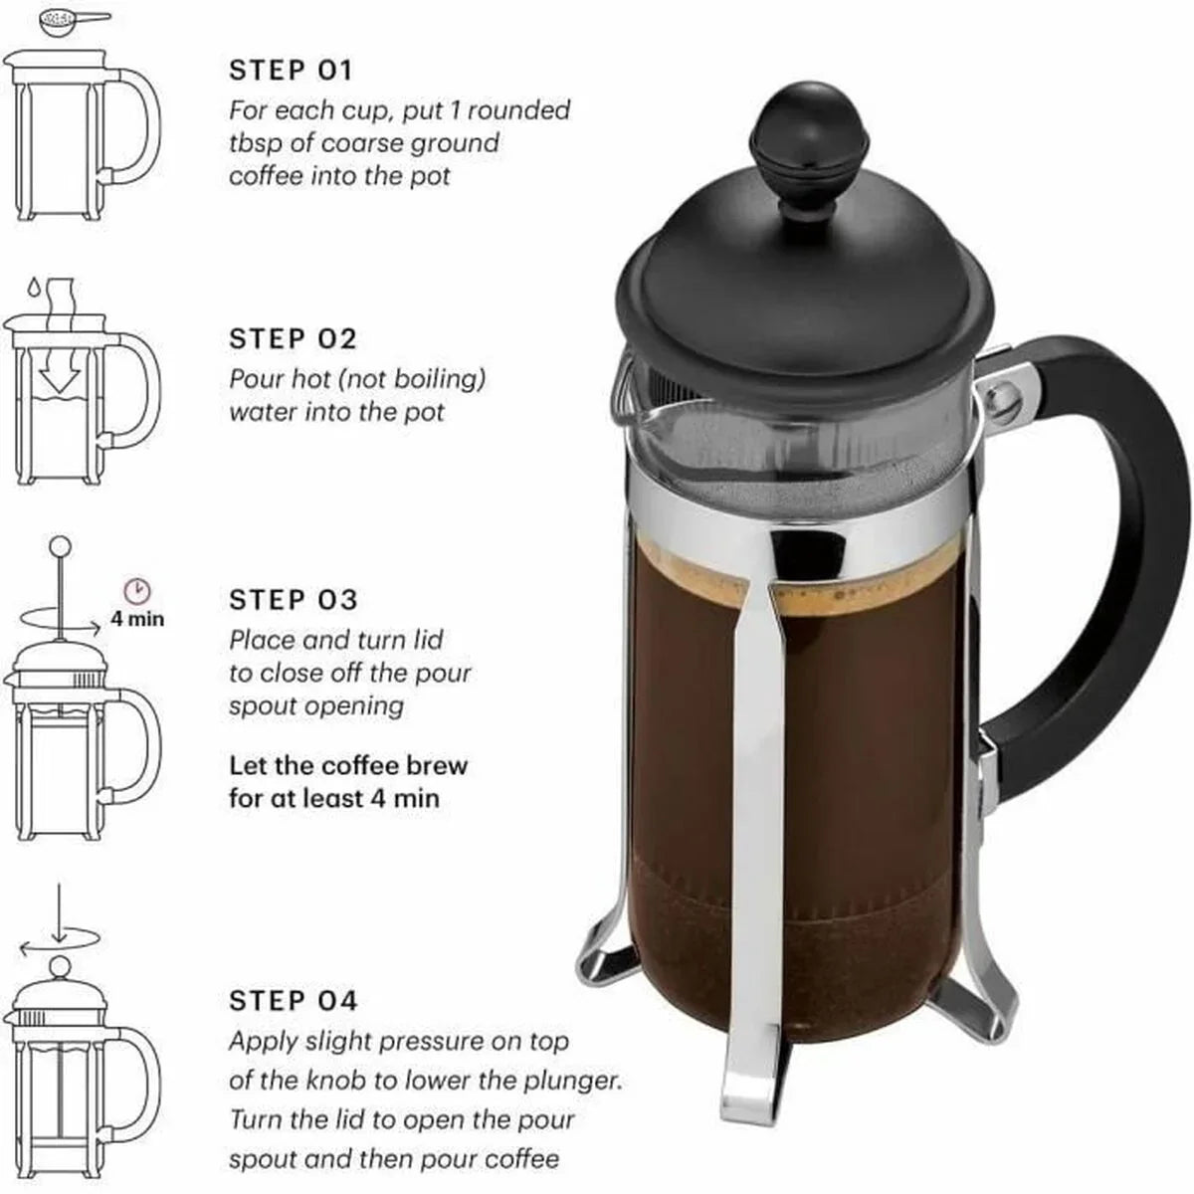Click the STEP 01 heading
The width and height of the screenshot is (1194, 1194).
tap(291, 71)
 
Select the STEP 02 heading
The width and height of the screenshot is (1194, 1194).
tap(293, 339)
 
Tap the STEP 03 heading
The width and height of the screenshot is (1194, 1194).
tap(293, 600)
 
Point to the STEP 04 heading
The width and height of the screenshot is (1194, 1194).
tap(293, 1001)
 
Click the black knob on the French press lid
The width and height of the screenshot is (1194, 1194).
tap(790, 137)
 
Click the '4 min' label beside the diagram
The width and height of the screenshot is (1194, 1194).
tap(137, 619)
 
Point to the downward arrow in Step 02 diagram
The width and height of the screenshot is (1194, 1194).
tap(57, 372)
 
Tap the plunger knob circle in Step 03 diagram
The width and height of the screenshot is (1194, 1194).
tap(61, 545)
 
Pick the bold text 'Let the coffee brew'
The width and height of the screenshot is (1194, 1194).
tap(348, 766)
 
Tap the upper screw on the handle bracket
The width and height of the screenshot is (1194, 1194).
tap(1001, 397)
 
